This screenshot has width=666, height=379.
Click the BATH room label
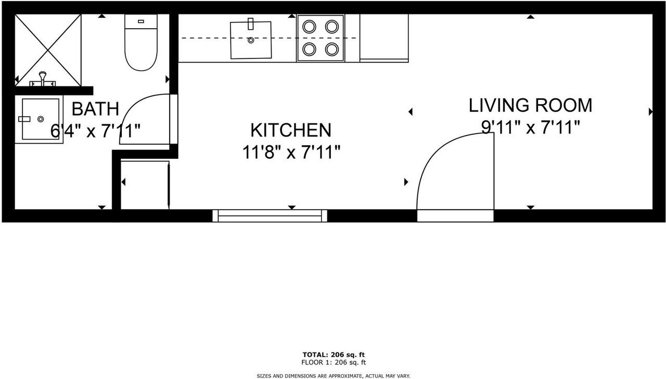pos(95,109)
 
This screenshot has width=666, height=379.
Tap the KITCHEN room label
pos(291,130)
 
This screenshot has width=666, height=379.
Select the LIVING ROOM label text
pos(530,105)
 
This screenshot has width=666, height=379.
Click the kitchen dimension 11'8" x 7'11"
pos(291,153)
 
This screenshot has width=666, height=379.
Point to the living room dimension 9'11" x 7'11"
pos(530,127)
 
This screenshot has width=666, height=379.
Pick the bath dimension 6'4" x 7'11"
pos(95,131)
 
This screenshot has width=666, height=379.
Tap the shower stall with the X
pos(48,49)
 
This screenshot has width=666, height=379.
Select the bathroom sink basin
pos(41,120)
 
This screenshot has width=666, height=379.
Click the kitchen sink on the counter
pos(251,40)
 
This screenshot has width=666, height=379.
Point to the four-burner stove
pos(321,38)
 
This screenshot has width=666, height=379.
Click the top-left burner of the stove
pos(309,26)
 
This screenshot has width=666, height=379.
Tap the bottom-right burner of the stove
pos(332,49)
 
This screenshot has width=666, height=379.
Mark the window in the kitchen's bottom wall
pos(270,216)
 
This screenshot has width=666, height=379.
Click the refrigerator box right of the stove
pos(384,37)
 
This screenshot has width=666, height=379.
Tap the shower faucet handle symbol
pos(43,79)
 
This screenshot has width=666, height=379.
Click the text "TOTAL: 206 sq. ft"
pos(333,355)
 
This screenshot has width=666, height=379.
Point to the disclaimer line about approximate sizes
pos(333,375)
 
